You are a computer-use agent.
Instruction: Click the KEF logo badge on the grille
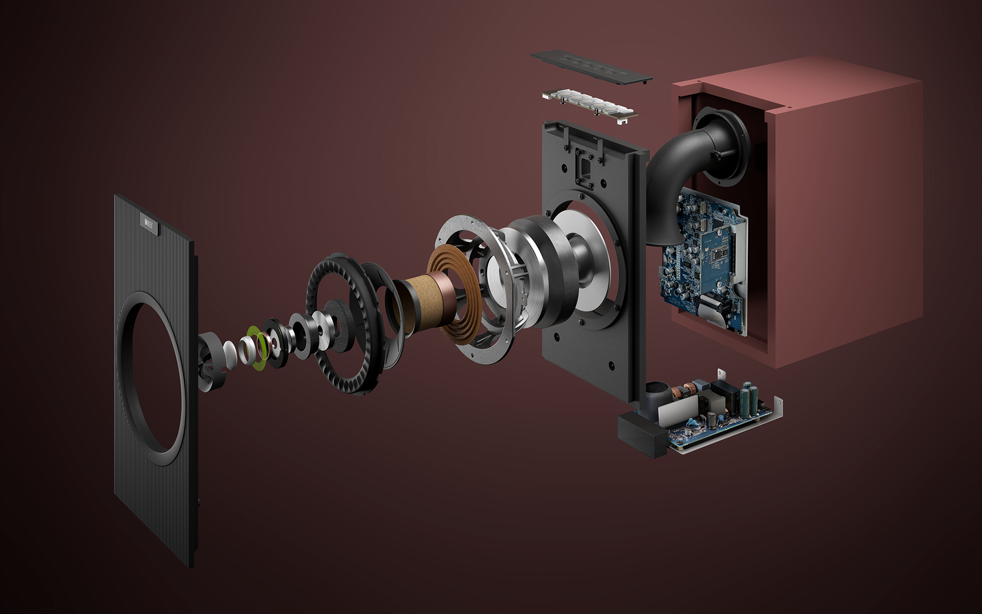click(149, 223)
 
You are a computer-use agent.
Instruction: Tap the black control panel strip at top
click(591, 67)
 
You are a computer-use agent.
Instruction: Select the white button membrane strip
click(589, 106)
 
